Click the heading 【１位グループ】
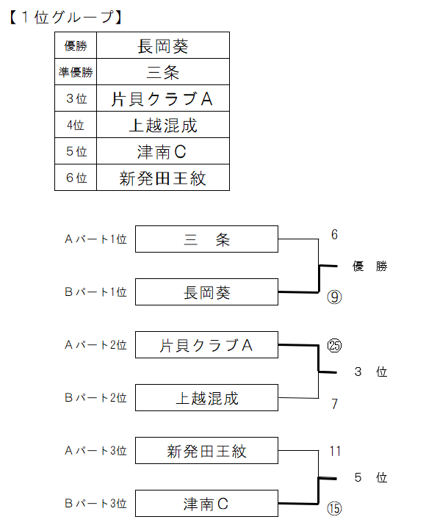(65, 17)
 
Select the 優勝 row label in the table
(76, 46)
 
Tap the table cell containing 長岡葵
(163, 46)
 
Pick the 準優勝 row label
(76, 72)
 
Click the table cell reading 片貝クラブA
(163, 98)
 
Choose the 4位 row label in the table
(76, 125)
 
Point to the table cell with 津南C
(163, 151)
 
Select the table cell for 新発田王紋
(163, 178)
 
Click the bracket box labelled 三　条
(206, 239)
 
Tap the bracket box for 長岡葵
(206, 292)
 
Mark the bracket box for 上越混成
(206, 398)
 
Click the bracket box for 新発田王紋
(206, 451)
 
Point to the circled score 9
(334, 297)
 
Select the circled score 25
(334, 346)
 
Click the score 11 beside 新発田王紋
(335, 451)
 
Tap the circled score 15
(334, 509)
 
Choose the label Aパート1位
(95, 239)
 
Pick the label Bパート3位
(95, 503)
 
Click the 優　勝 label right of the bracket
(370, 267)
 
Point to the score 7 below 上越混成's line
(334, 404)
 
